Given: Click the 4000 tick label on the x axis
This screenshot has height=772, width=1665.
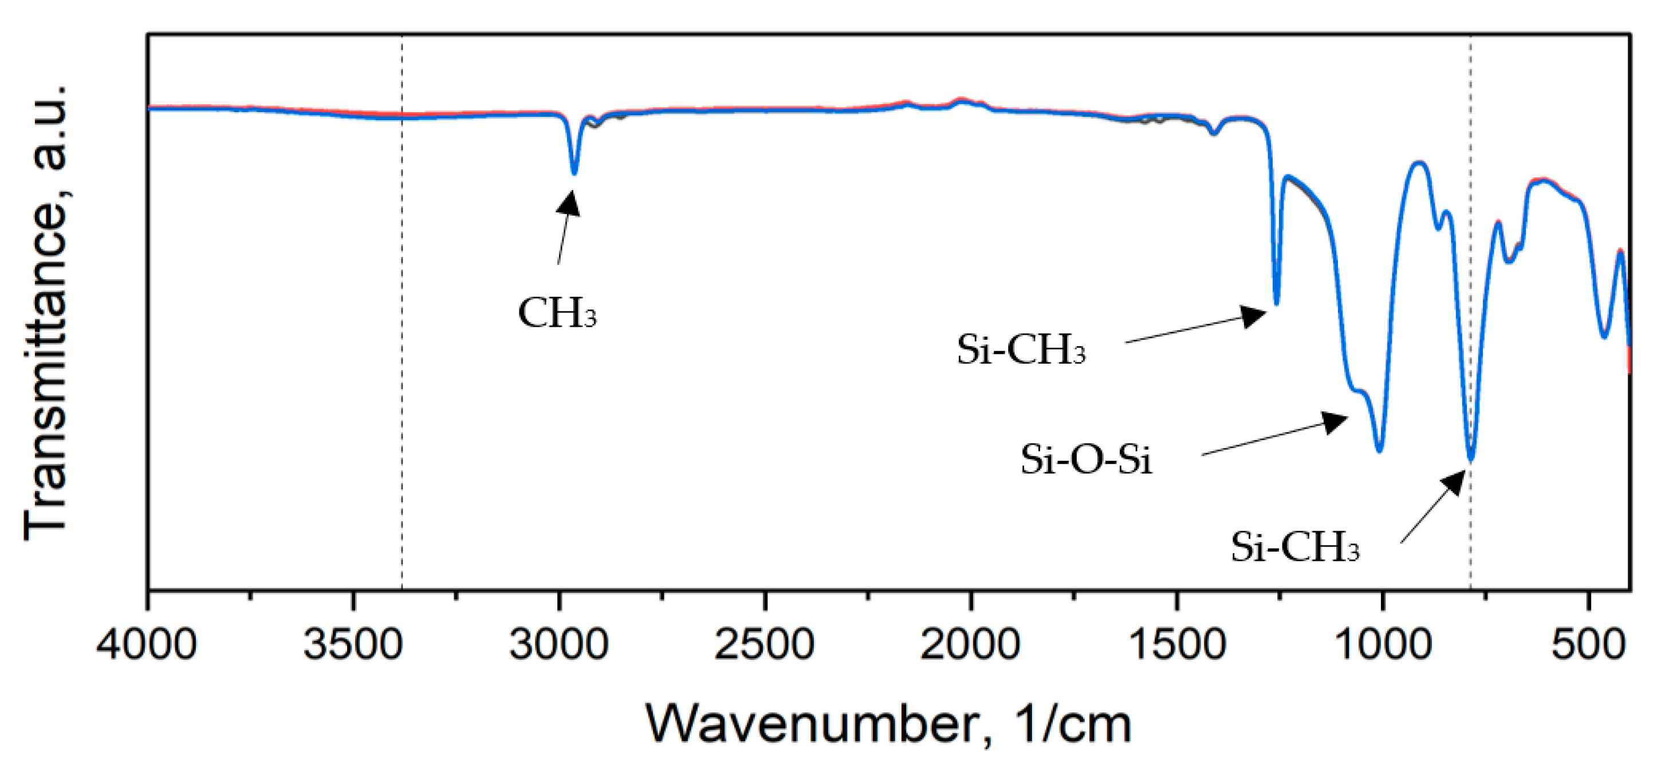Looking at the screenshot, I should click(147, 646).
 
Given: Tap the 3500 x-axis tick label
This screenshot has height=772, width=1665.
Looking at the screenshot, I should click(353, 646).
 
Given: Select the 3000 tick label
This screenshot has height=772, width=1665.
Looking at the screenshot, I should click(558, 646).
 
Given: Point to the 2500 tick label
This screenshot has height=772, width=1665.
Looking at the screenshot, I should click(765, 646).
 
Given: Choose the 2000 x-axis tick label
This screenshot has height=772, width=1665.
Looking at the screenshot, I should click(970, 646).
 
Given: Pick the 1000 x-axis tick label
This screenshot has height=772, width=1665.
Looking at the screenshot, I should click(1383, 646).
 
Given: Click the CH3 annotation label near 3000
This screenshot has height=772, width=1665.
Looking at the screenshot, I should click(557, 314).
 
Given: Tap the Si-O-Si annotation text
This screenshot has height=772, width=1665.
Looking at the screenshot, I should click(1086, 461).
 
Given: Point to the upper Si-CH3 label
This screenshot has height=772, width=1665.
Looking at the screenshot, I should click(1021, 350).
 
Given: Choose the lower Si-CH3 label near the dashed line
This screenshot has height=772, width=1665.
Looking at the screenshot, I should click(1294, 547).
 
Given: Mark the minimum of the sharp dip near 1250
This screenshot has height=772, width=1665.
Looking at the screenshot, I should click(1277, 303).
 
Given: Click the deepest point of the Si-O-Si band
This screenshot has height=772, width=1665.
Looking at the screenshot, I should click(1379, 450).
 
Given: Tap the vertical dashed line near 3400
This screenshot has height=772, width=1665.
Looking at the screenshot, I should click(402, 323).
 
